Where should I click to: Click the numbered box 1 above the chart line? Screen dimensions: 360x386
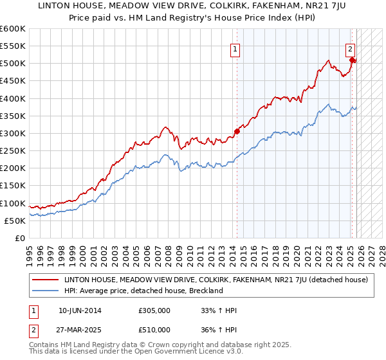(x=235, y=49)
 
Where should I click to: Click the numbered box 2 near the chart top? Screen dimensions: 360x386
(x=351, y=49)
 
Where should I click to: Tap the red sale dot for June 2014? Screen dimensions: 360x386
(x=237, y=131)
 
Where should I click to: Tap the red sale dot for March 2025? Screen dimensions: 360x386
(x=353, y=60)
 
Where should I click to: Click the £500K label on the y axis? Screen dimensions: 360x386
(x=13, y=64)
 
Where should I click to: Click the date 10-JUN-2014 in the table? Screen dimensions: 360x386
(x=80, y=310)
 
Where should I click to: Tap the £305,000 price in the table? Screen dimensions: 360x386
(x=155, y=310)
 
